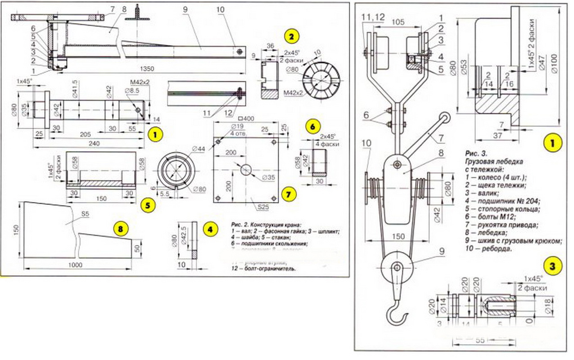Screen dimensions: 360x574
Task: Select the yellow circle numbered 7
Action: (x=288, y=194)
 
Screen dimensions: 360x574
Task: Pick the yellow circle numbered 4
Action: (x=210, y=229)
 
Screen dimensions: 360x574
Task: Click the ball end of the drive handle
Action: (x=444, y=118)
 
